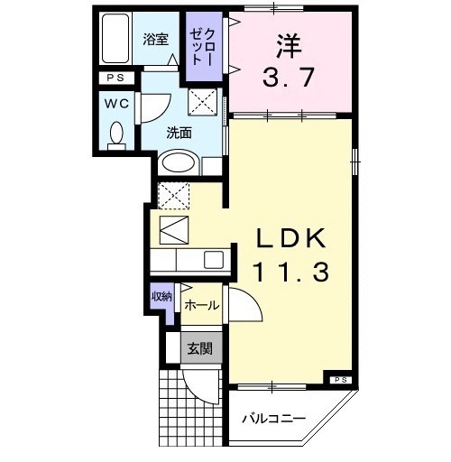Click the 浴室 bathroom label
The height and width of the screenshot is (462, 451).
pyautogui.click(x=156, y=39)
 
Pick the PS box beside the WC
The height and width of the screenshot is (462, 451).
pyautogui.click(x=115, y=79)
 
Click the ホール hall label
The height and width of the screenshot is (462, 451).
pyautogui.click(x=200, y=306)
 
